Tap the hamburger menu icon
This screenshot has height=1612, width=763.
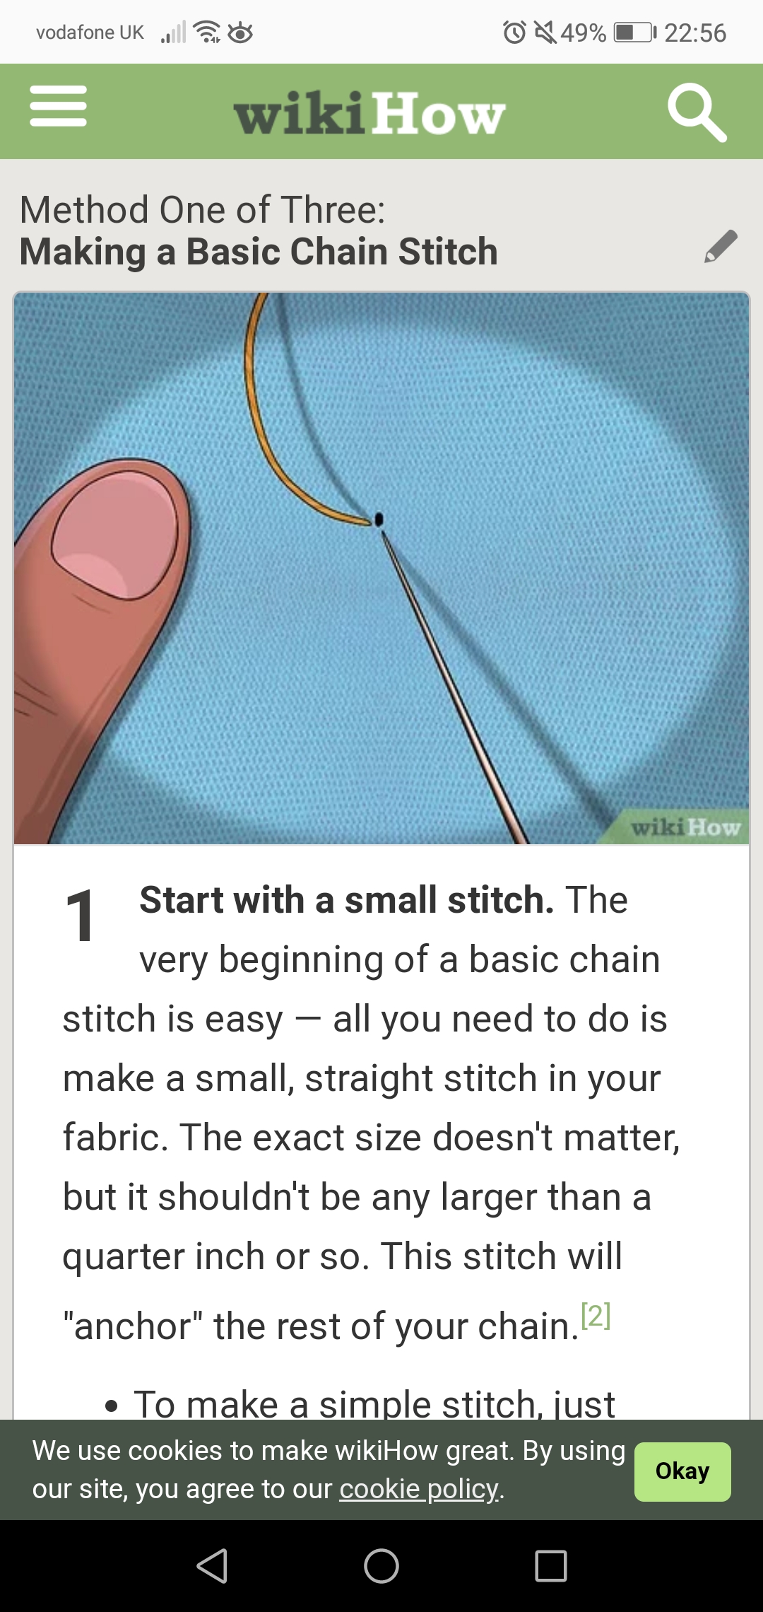58,106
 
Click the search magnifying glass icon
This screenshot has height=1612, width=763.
697,112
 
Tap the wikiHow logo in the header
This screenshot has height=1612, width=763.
369,113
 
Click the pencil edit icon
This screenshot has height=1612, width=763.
721,246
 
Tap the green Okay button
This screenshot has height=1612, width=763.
682,1471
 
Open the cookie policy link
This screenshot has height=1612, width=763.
420,1489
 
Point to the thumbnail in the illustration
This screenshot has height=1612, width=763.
115,536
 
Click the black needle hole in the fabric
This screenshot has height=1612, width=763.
379,520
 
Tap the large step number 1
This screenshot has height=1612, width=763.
80,916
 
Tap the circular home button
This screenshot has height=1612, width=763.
381,1565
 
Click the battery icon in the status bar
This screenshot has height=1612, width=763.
634,33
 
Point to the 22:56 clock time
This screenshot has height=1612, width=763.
695,33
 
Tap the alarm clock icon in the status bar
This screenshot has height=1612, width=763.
514,32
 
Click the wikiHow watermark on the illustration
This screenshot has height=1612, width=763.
685,827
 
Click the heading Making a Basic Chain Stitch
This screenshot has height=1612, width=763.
259,252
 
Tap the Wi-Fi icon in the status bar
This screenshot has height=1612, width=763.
207,32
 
